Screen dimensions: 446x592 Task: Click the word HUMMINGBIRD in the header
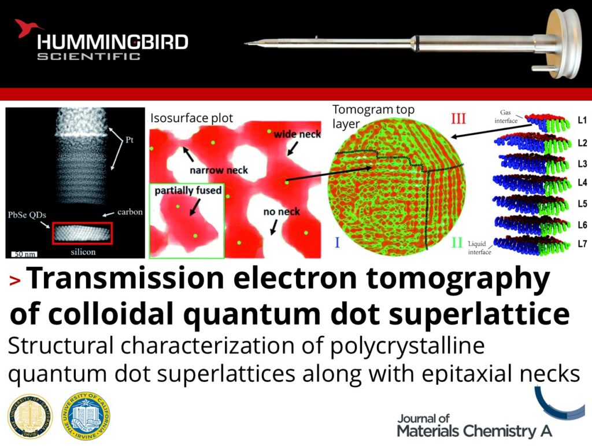tap(112, 42)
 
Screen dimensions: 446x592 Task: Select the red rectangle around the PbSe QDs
tap(82, 233)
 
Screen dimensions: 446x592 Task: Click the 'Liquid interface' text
tap(480, 248)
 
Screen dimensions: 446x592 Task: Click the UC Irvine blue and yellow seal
tap(86, 415)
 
